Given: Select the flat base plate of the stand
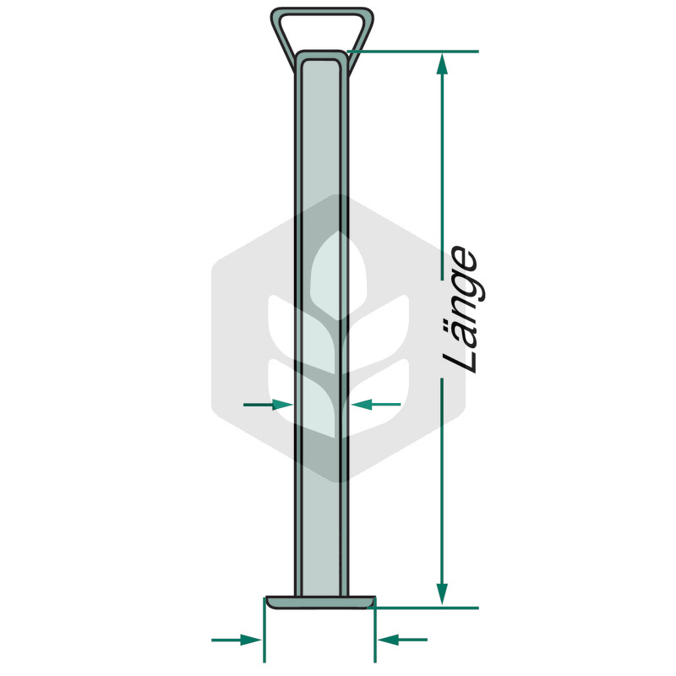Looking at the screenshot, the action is pyautogui.click(x=320, y=602).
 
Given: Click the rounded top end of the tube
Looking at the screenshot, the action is pyautogui.click(x=322, y=57).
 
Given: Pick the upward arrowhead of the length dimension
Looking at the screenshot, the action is pyautogui.click(x=442, y=64).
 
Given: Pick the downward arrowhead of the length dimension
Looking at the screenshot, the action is pyautogui.click(x=442, y=595).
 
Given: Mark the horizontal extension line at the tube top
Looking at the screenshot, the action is pyautogui.click(x=412, y=52).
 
